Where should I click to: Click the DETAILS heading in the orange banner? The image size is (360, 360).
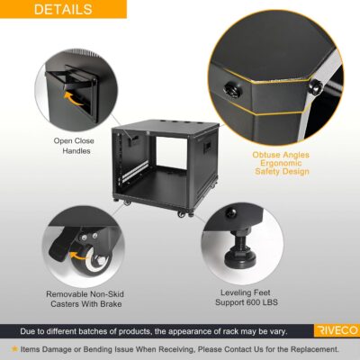coord(63,10)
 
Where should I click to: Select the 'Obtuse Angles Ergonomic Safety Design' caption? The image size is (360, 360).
coord(281,162)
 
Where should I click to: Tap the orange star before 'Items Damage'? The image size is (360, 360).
coord(14,348)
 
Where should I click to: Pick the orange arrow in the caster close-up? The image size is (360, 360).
coord(76,255)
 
